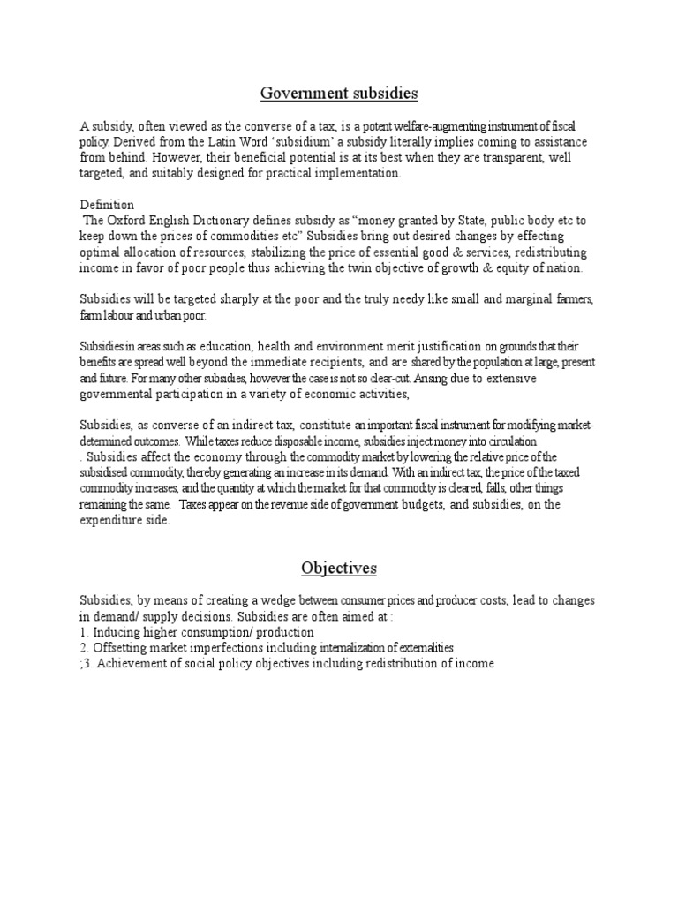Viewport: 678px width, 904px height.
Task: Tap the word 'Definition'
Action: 107,204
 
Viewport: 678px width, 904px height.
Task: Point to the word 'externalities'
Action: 418,648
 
